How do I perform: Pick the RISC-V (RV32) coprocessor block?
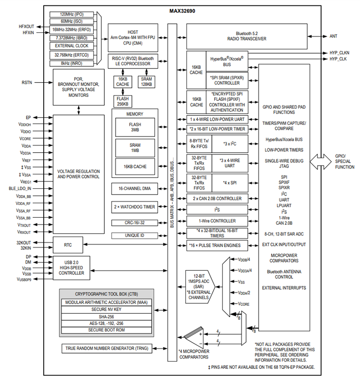133,61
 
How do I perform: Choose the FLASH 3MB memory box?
135,127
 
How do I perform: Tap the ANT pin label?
333,36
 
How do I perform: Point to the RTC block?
67,245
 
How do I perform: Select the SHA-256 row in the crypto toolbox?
106,316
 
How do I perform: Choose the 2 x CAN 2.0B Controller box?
217,199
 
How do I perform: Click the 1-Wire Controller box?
217,221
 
